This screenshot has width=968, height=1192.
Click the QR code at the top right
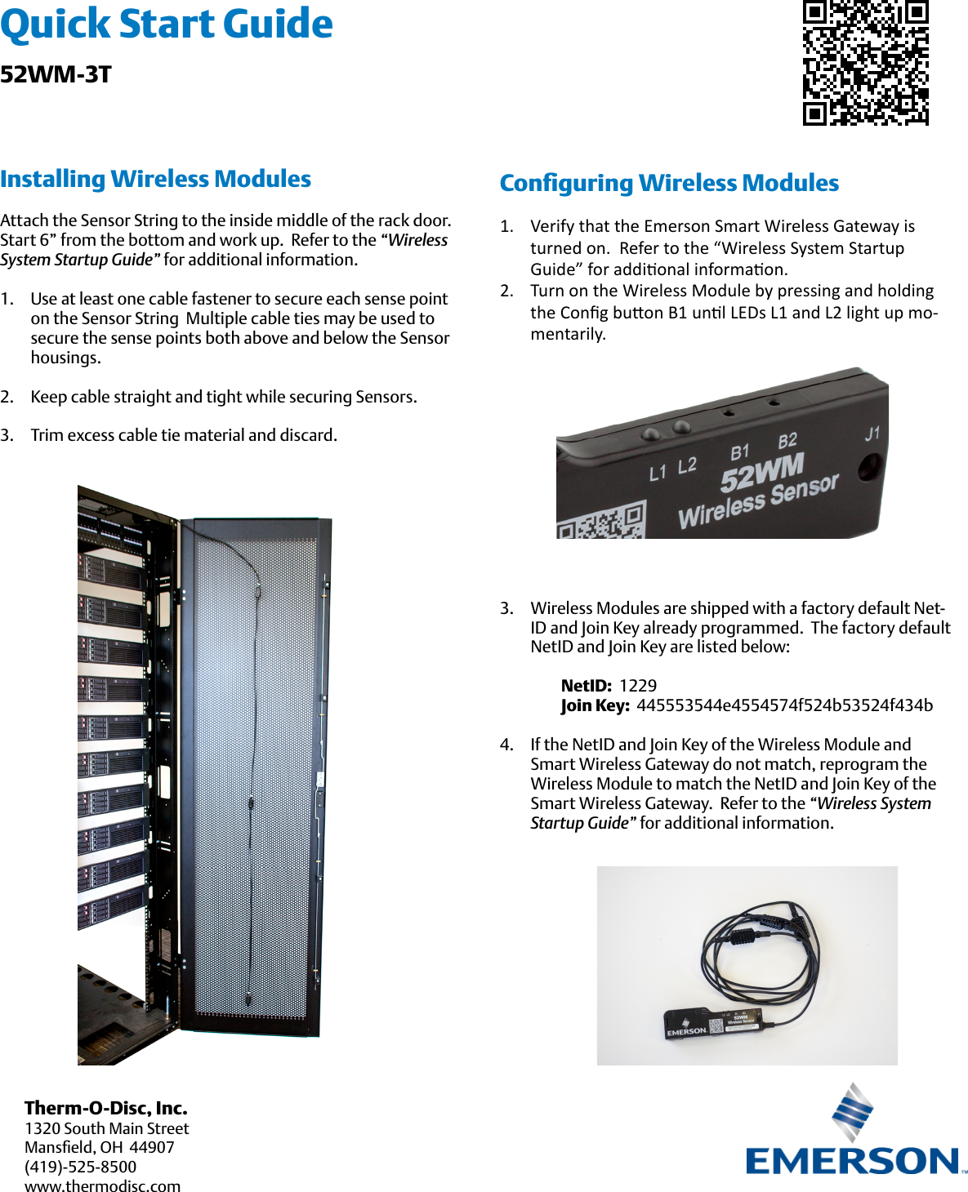click(x=866, y=62)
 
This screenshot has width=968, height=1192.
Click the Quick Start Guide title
click(x=167, y=24)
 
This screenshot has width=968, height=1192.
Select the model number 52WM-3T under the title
click(x=56, y=74)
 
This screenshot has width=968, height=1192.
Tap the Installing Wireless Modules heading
click(x=155, y=179)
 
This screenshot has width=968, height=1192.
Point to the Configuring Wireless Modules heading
click(x=669, y=183)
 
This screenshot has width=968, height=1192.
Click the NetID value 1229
click(x=638, y=686)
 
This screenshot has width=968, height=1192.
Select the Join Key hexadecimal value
click(x=784, y=705)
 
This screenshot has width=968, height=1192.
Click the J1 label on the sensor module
click(x=872, y=434)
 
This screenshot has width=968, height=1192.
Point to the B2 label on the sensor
click(x=787, y=442)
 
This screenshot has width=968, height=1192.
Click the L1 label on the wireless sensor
click(x=658, y=473)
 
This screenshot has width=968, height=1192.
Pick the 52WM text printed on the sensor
click(x=762, y=473)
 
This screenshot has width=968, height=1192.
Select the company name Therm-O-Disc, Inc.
click(x=106, y=1108)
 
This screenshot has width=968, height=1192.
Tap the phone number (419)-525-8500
click(x=80, y=1167)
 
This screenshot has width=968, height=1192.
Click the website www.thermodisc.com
click(x=102, y=1186)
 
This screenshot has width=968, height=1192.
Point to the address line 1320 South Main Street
click(x=106, y=1128)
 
